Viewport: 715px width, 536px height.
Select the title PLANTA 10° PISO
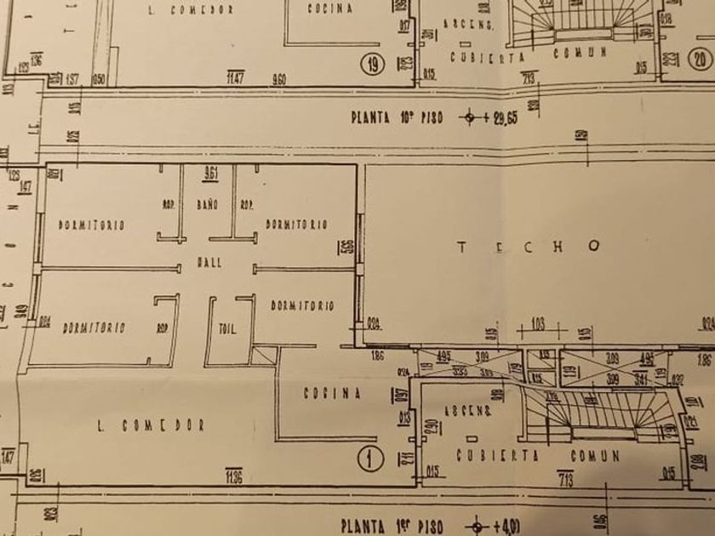(395, 117)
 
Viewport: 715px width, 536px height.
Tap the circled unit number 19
(371, 63)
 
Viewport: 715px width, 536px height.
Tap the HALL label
(209, 263)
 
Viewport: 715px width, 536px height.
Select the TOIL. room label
(227, 329)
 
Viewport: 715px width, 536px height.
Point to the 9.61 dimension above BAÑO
(209, 174)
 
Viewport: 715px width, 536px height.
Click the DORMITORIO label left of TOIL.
(94, 328)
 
